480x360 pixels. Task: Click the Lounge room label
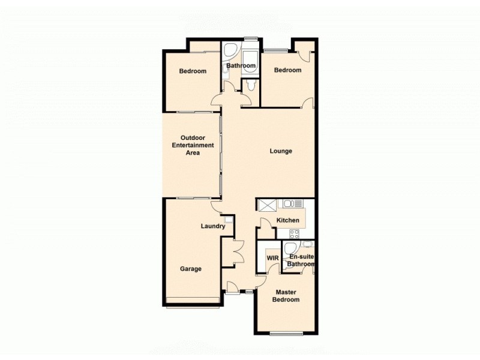[281, 151]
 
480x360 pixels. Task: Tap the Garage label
[191, 269]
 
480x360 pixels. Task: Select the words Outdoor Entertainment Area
[193, 145]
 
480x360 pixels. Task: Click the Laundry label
[213, 226]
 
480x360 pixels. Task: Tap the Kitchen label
[288, 220]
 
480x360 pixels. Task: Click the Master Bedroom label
[287, 296]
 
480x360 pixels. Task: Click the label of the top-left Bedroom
[193, 71]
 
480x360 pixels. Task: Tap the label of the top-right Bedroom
[287, 70]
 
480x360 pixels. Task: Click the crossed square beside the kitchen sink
[266, 204]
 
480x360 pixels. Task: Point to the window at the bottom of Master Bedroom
[286, 332]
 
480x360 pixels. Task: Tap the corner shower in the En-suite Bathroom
[290, 249]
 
